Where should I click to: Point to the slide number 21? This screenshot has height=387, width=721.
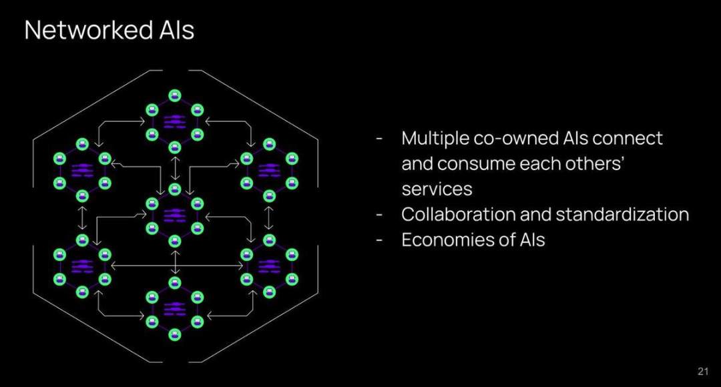pos(702,372)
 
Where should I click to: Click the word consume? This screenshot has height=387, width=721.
pos(475,164)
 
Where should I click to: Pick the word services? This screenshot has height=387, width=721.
pos(437,189)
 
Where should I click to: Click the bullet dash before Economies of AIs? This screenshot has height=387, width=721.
pos(379,240)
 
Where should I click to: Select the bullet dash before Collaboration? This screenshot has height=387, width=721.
pos(379,215)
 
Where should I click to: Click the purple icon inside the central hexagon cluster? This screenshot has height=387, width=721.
pos(174,215)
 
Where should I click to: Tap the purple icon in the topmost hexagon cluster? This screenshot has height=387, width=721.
pos(174,121)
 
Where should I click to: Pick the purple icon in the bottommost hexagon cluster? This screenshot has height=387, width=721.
pos(174,309)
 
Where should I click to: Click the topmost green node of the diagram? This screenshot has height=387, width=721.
pos(174,95)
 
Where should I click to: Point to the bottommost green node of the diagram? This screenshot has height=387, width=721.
pos(174,335)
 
